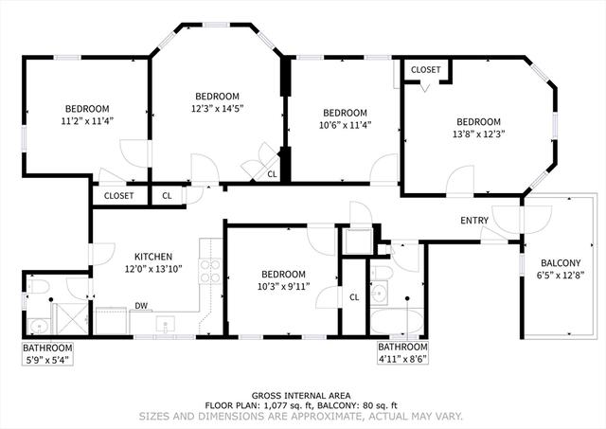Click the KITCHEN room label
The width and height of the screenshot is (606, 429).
[153, 257]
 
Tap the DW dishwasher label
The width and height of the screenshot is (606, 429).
[141, 306]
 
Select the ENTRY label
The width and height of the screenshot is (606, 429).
[474, 221]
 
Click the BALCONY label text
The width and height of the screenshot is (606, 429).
[561, 263]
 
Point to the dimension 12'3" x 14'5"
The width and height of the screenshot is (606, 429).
[217, 109]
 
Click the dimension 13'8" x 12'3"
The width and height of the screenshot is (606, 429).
[479, 134]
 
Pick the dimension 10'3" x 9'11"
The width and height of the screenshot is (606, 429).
[284, 286]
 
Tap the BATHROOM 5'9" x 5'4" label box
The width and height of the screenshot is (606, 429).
[47, 354]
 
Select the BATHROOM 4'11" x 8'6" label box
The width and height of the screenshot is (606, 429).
[402, 352]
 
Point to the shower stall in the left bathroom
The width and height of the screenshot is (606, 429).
[72, 318]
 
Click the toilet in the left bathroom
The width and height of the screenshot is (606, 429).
[39, 287]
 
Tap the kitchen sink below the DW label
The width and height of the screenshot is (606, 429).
[166, 324]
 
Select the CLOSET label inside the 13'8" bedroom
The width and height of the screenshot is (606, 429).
[425, 70]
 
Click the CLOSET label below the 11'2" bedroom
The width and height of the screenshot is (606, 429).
[118, 196]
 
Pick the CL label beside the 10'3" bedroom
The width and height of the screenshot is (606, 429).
[354, 297]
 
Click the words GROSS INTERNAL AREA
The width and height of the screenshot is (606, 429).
[301, 396]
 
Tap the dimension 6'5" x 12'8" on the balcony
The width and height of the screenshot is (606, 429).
[561, 276]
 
